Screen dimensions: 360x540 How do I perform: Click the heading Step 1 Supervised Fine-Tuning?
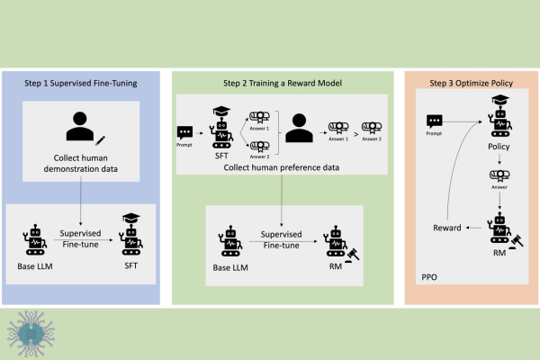click(81, 84)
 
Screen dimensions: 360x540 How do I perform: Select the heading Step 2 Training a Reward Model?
click(283, 84)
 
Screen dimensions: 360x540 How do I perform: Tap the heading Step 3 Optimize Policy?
click(471, 84)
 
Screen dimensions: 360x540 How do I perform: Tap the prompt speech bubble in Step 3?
click(435, 121)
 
